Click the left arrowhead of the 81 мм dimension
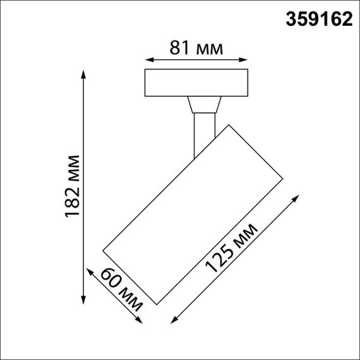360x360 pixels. point(148,61)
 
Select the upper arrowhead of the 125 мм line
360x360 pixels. point(295,198)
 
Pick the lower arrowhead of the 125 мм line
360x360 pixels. point(174,320)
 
